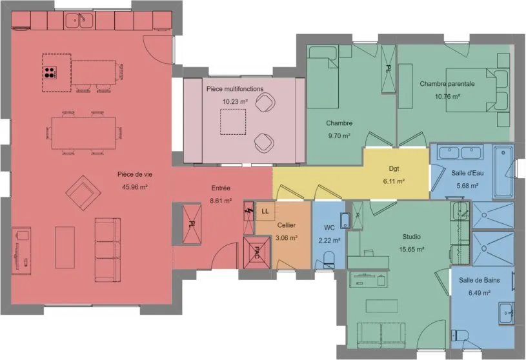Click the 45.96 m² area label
135,187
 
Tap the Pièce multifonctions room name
235,89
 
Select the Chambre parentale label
447,84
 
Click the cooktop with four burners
50,72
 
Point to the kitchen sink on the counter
79,21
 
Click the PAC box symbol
257,252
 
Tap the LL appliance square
265,211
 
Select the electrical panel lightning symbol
248,211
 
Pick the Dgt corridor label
394,168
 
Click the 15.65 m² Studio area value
412,250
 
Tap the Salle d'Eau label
467,173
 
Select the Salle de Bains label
480,280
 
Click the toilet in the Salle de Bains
459,335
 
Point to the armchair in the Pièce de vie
83,193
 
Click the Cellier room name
287,225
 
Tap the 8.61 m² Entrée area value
221,201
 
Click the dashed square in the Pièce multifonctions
233,122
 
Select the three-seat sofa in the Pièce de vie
107,250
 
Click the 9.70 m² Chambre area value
339,135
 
